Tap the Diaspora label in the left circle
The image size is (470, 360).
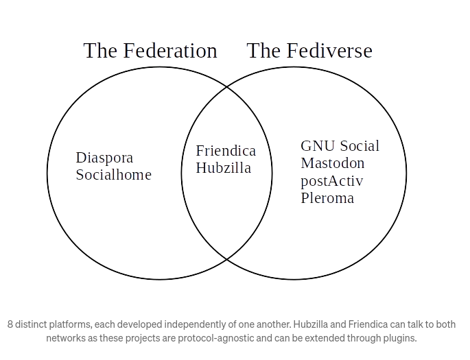pos(104,158)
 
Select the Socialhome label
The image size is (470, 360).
pos(113,175)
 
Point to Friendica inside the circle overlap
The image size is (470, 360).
pos(226,151)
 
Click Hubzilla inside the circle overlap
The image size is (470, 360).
pos(224,168)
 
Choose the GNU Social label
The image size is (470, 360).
pos(340,146)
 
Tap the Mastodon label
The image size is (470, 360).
pos(333,163)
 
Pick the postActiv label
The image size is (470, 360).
pos(332,181)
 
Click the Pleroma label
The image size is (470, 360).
pos(327,198)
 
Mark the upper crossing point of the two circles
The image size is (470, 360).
pos(226,87)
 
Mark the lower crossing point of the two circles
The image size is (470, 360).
pos(226,259)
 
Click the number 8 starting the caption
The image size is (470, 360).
pos(10,324)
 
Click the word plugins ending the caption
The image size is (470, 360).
pos(400,338)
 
